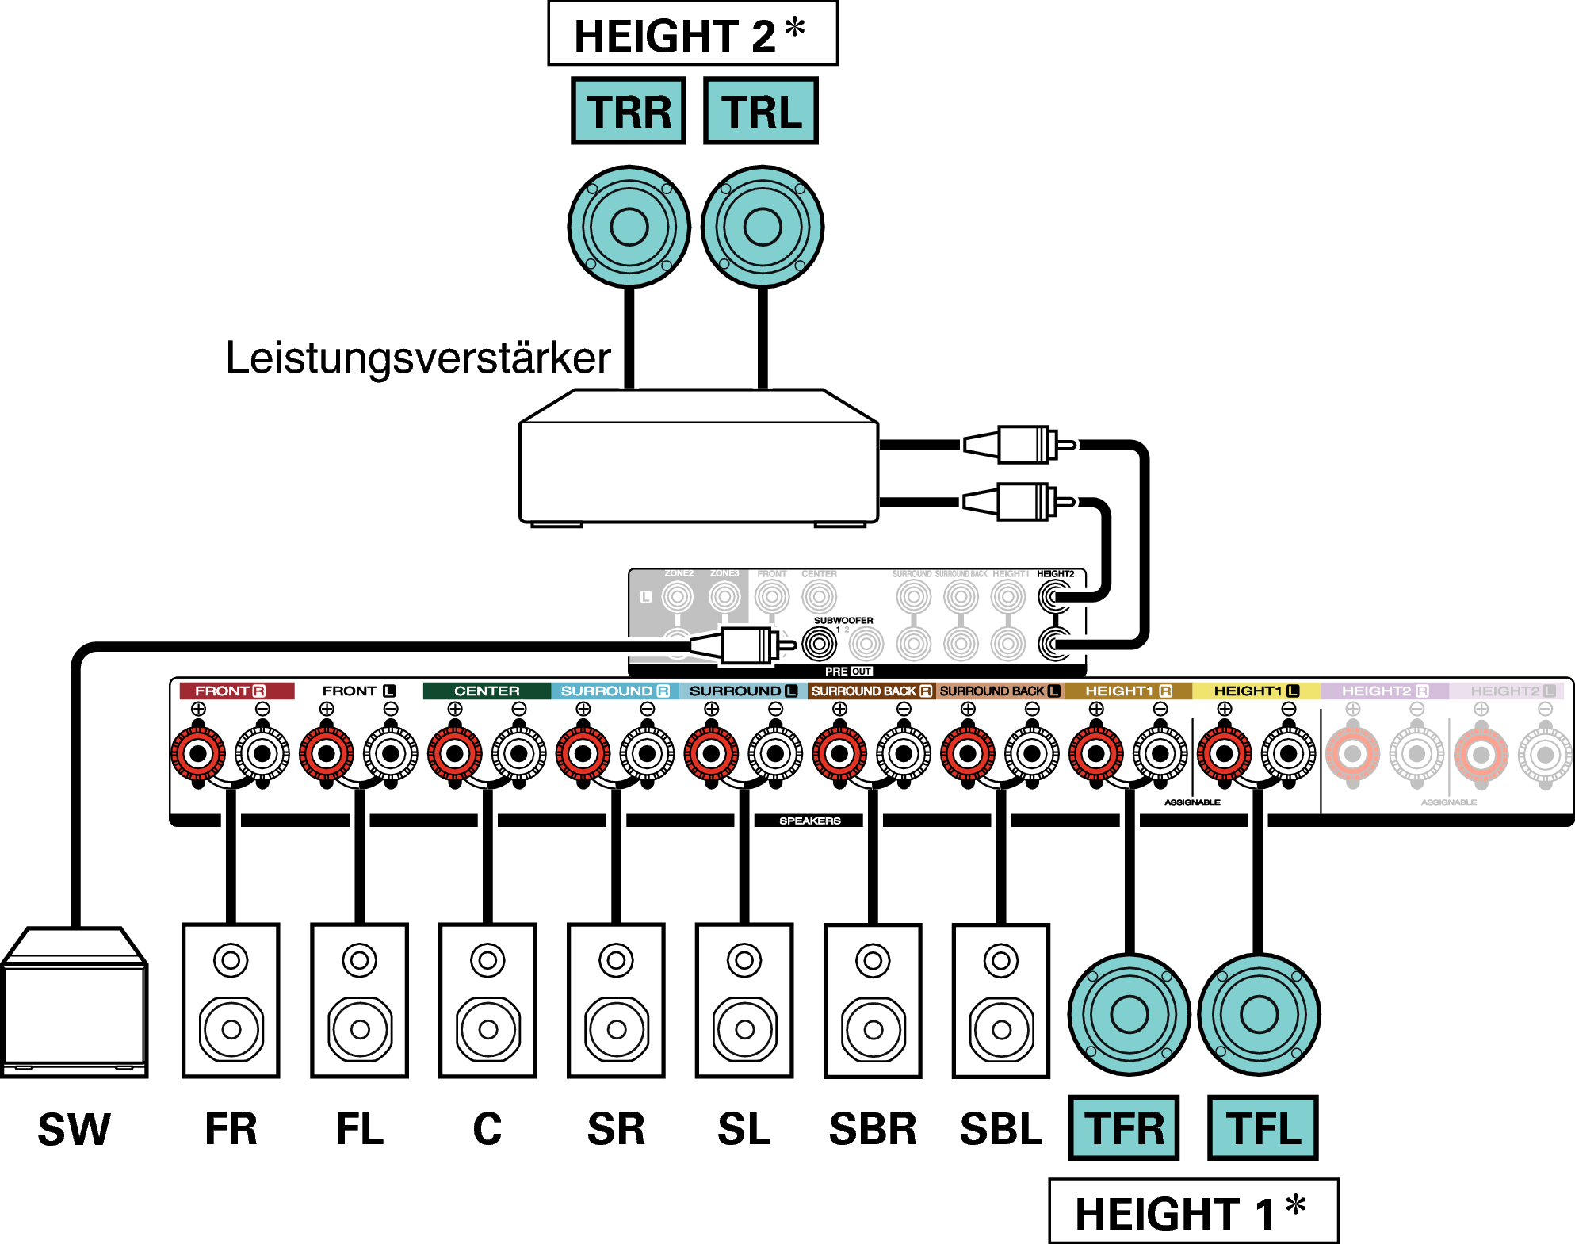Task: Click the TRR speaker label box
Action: click(x=628, y=111)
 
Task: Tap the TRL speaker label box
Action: click(x=761, y=111)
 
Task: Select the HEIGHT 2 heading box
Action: click(x=692, y=34)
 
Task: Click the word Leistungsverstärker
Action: click(x=418, y=358)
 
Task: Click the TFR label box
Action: click(x=1123, y=1128)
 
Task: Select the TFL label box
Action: click(x=1263, y=1128)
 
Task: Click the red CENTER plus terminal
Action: click(x=454, y=753)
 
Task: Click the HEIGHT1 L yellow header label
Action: click(x=1256, y=691)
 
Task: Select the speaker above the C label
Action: click(x=487, y=1001)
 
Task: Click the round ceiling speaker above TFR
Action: click(x=1129, y=1014)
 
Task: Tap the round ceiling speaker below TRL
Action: click(x=763, y=227)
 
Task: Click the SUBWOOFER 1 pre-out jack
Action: click(x=819, y=644)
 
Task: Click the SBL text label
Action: click(x=1000, y=1129)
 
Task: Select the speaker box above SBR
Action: click(x=873, y=1001)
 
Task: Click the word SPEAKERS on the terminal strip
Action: click(x=809, y=821)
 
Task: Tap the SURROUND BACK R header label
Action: click(x=871, y=691)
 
